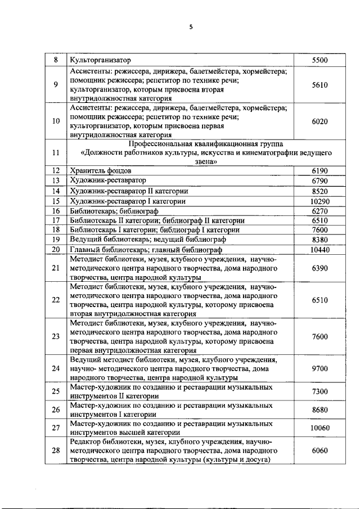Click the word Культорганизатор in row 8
click(100, 60)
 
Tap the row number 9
click(56, 85)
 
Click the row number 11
click(56, 152)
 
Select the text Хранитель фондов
click(101, 170)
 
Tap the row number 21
click(56, 269)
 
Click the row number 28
click(56, 451)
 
